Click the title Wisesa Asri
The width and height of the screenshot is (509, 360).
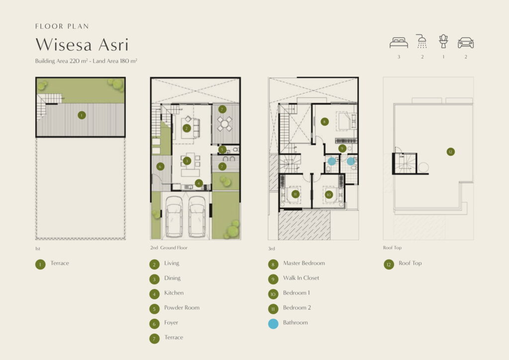click(x=82, y=44)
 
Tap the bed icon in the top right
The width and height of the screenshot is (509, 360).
click(x=399, y=43)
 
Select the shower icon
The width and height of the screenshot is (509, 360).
click(x=422, y=41)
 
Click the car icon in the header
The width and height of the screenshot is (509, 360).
click(x=465, y=43)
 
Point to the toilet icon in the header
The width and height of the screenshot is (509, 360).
click(x=443, y=41)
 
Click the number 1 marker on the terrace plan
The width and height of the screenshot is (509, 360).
click(x=82, y=115)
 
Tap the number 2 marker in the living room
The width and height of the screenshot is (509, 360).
click(x=186, y=128)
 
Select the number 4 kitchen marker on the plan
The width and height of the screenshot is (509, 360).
click(x=199, y=183)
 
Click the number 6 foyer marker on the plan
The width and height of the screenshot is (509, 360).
click(x=160, y=167)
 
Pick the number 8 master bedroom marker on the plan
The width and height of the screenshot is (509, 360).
click(x=324, y=122)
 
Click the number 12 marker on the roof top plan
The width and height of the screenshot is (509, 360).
click(x=450, y=152)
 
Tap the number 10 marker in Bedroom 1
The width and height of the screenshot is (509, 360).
click(x=329, y=195)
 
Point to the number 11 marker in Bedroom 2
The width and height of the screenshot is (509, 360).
click(x=295, y=194)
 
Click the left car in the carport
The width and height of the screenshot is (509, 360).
click(x=174, y=216)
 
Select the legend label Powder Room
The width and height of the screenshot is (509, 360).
click(x=182, y=307)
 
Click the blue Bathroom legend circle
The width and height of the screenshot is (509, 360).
click(x=273, y=324)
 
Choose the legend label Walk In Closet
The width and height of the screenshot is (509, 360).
click(x=301, y=278)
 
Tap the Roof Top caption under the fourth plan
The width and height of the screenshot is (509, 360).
click(x=392, y=248)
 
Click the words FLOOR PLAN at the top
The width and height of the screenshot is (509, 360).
click(x=62, y=26)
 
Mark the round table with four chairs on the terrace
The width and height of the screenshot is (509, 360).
click(x=225, y=124)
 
